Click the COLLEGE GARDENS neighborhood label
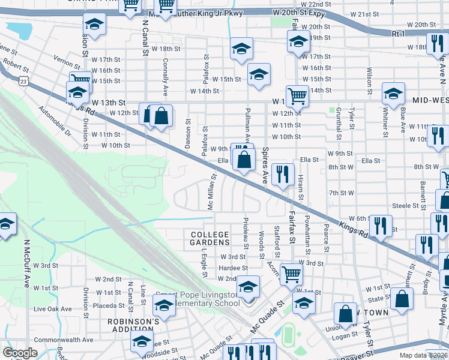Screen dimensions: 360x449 click(210, 238)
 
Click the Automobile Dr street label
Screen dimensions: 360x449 click(54, 122)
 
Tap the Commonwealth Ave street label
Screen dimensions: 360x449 click(64, 340)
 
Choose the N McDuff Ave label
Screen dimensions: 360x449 click(26, 265)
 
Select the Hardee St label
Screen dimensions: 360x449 click(234, 268)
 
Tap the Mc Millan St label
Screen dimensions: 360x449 click(211, 192)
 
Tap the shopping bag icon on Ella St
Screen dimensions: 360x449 click(244, 160)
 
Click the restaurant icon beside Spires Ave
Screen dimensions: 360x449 click(282, 175)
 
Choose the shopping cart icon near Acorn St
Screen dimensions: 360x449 click(291, 274)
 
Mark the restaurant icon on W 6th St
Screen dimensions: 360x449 click(380, 225)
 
